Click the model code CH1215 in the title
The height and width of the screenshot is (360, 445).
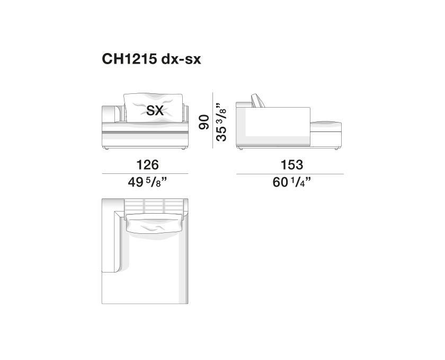point(129,59)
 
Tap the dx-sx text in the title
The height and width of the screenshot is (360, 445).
point(181,59)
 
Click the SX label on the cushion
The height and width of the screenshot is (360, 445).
point(155,110)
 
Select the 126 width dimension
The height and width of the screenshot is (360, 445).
point(148,165)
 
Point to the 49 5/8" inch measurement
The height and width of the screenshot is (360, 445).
point(147,182)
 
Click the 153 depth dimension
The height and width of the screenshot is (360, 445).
point(292,165)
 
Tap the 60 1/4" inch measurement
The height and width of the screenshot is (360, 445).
point(292,182)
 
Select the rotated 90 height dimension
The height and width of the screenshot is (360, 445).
point(204,122)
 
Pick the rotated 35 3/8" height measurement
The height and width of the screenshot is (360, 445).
point(221,122)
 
